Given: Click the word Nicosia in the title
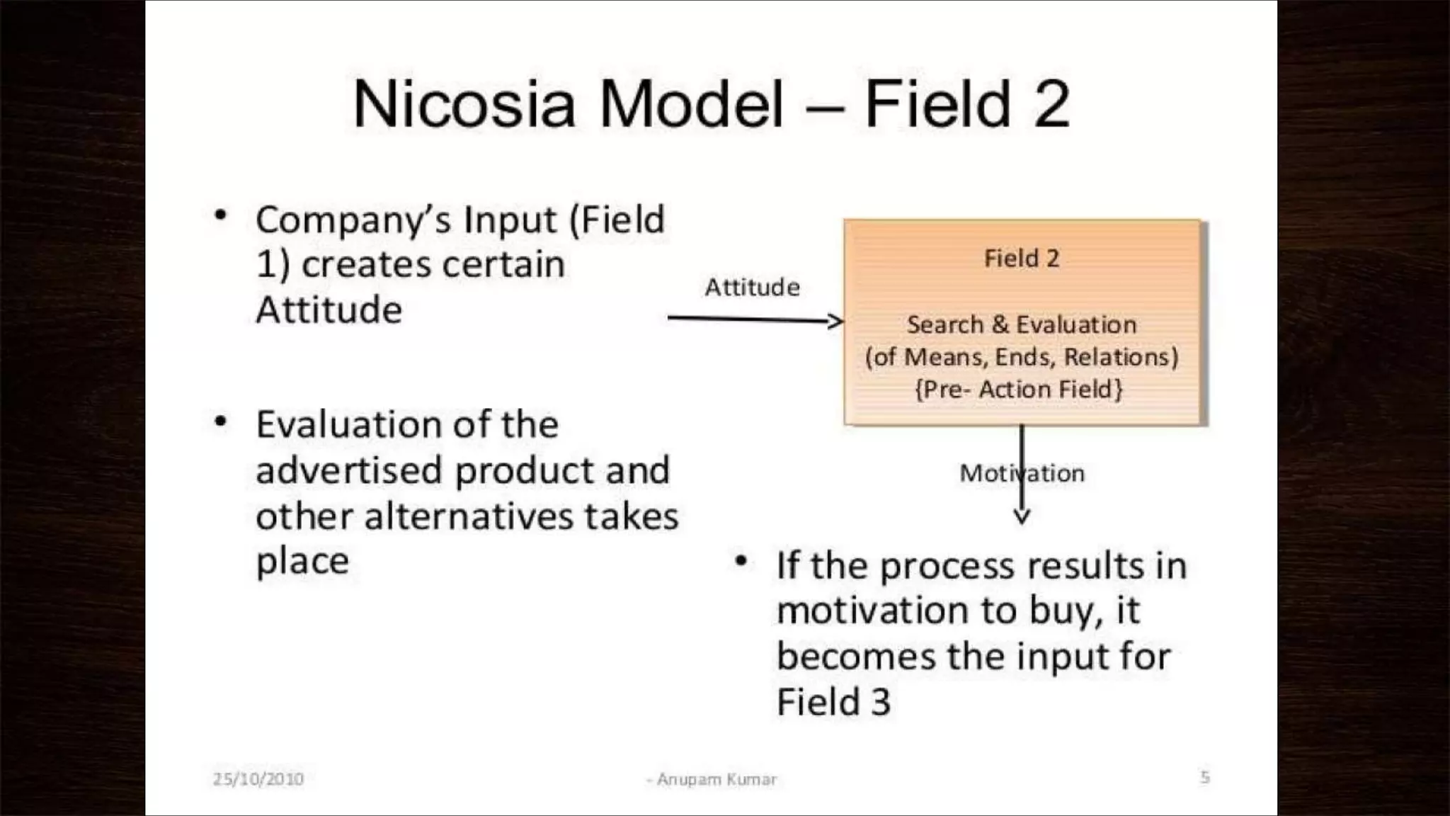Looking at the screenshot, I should [464, 105].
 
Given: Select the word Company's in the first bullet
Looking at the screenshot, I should [353, 220].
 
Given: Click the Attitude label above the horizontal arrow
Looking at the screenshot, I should [752, 287].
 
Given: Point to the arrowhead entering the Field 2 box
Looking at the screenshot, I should [836, 321].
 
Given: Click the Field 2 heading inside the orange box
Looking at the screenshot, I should [1022, 259].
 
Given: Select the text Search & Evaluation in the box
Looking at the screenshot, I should [1022, 324].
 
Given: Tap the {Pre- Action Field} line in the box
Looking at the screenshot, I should [1019, 389].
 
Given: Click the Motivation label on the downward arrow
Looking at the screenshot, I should [1022, 473].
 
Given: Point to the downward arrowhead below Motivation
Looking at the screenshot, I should [1022, 516].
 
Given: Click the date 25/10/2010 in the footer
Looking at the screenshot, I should [258, 779].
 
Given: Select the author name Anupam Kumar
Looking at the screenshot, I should [716, 779].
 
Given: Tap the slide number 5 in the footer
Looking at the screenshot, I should [1205, 777].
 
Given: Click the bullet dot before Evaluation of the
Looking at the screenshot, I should [221, 422].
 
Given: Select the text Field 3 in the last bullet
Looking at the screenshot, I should [833, 702].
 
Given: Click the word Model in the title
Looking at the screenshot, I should [691, 105].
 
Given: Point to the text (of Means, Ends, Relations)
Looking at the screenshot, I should [1022, 357].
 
